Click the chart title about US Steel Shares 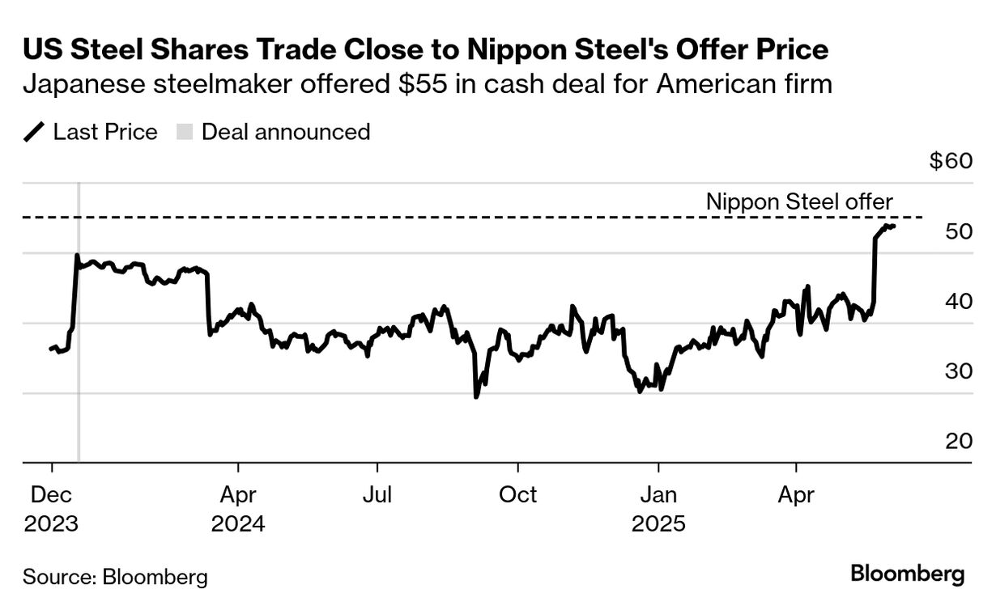(426, 50)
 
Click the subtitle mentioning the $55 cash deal (428, 83)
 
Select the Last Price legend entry (92, 132)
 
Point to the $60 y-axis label (950, 161)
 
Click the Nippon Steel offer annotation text (798, 201)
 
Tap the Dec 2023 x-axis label (52, 508)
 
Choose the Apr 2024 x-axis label (238, 508)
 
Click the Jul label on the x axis (377, 494)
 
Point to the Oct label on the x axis (517, 494)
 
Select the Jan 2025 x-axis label (658, 508)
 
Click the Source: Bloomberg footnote (115, 578)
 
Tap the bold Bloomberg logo (908, 575)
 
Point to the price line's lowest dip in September (476, 396)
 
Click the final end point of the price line (893, 227)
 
